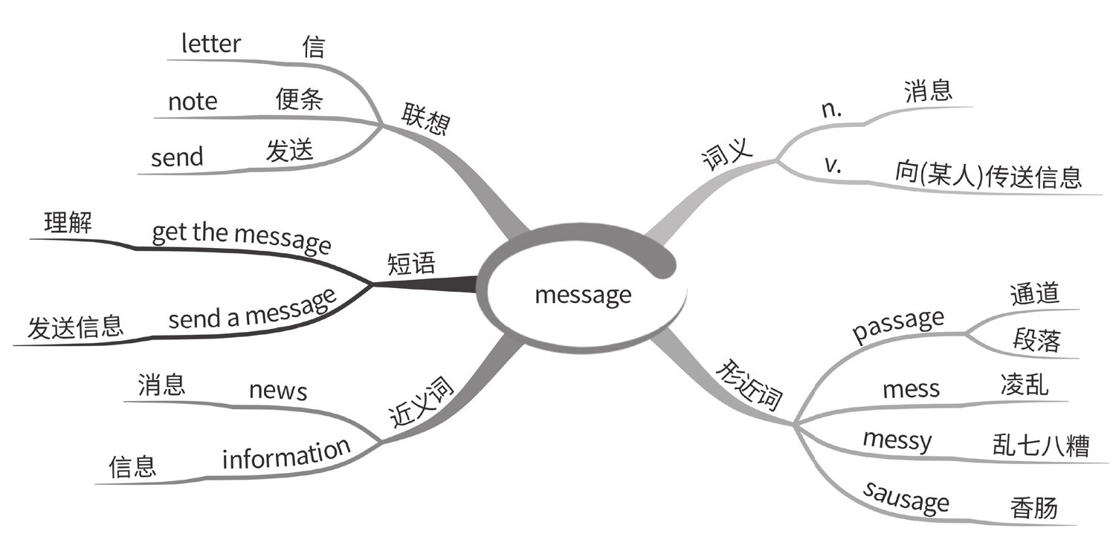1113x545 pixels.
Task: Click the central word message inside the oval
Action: click(583, 295)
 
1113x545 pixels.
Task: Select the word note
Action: click(193, 101)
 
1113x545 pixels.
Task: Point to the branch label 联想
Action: click(425, 119)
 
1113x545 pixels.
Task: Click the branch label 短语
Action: click(411, 264)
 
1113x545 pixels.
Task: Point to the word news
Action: click(278, 390)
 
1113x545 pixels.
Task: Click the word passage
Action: click(898, 325)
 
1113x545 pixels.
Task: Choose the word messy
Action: click(897, 440)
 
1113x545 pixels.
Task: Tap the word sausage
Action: click(906, 497)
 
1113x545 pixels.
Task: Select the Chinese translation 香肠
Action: click(1033, 509)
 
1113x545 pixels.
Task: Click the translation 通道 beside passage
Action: click(1034, 294)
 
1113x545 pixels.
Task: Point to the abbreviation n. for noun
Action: click(830, 109)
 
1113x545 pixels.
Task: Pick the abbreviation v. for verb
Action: click(833, 165)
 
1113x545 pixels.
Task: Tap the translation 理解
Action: click(68, 223)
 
